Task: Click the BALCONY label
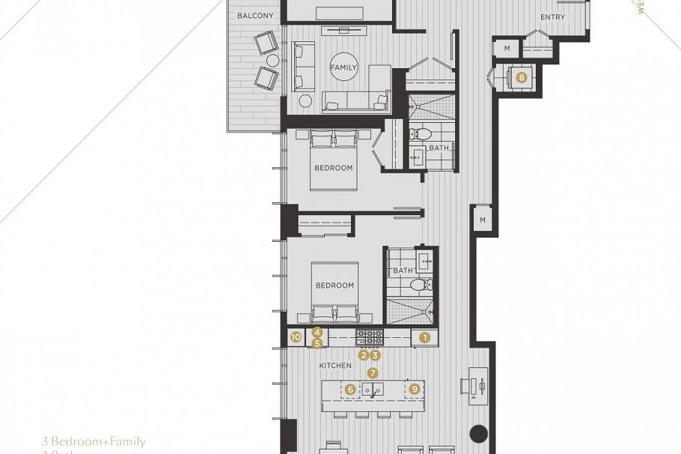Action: tap(254, 16)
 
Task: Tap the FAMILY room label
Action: tap(343, 67)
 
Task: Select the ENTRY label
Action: tap(552, 17)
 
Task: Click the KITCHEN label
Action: tap(335, 366)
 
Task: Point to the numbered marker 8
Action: tap(521, 76)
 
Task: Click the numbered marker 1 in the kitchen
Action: tap(425, 338)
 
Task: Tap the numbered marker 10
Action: tap(296, 338)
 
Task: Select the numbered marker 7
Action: tap(373, 372)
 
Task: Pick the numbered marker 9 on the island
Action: tap(415, 389)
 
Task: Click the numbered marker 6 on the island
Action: tap(349, 389)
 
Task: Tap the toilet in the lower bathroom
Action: tap(421, 285)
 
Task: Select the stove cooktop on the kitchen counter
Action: tap(369, 336)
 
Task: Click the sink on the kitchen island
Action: tap(373, 389)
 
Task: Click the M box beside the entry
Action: tap(507, 49)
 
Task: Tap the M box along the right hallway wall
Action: tap(483, 220)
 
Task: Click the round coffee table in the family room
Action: tap(306, 100)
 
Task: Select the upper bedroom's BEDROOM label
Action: tap(333, 168)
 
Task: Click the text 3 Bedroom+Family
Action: tap(94, 442)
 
